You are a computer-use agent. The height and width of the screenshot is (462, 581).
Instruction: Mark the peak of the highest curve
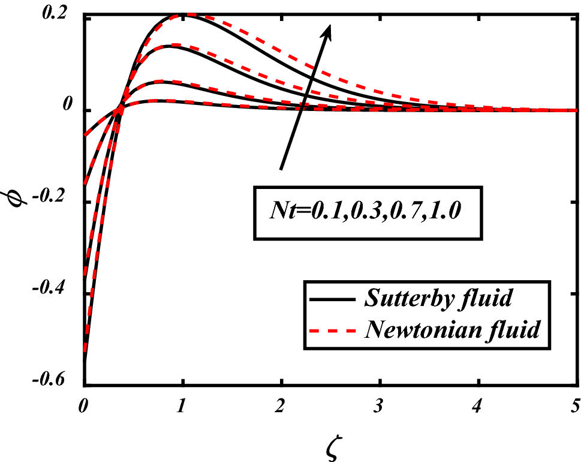tap(183, 14)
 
